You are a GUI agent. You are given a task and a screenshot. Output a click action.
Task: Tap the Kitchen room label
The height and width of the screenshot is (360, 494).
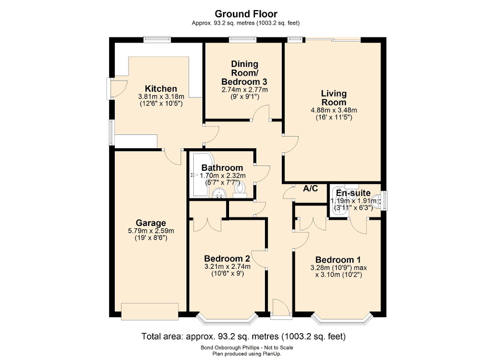161,89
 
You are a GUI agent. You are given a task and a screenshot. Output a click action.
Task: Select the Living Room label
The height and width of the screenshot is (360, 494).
334,98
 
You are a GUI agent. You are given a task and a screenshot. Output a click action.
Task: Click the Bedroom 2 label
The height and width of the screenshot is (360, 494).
227,258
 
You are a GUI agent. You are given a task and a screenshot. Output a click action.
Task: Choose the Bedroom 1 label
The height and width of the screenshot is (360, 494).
338,260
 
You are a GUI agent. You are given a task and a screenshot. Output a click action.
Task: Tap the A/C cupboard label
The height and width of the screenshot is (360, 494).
310,189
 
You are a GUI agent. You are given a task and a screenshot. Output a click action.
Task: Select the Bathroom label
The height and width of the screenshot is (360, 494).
222,168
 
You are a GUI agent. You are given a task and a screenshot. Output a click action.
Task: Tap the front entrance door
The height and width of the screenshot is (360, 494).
281,309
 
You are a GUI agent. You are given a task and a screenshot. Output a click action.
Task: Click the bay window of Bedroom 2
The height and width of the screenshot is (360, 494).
227,317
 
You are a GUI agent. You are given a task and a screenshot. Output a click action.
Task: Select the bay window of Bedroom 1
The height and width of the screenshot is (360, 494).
342,317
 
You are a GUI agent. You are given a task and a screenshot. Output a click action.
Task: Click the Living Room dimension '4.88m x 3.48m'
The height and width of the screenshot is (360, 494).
334,110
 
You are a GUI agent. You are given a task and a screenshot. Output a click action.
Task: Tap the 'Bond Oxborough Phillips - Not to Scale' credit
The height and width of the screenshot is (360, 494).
246,347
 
